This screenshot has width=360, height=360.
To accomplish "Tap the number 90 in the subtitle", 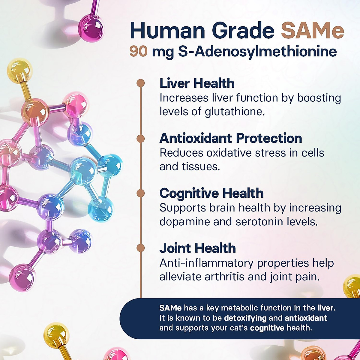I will pos(138,51).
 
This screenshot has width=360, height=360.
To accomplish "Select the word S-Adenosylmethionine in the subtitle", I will pos(257,51).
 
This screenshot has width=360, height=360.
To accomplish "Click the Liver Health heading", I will pos(197,83).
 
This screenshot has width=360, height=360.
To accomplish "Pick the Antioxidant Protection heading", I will pos(230,138).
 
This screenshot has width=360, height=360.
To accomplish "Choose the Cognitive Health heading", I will pos(211,193).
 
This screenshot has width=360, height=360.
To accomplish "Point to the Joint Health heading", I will pos(197,248).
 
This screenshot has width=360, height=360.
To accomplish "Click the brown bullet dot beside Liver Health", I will pos(140,83).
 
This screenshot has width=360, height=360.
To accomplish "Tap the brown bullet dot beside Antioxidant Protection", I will pos(140,138).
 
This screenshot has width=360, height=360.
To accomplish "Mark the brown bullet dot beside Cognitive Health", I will pos(140,193).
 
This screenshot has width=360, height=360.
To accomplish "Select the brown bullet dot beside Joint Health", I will pos(140,248).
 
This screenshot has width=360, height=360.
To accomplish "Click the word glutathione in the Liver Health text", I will pos(235,112).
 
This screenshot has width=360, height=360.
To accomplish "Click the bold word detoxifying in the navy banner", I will pos(245,318).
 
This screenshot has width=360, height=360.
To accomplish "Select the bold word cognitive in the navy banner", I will pos(267,328).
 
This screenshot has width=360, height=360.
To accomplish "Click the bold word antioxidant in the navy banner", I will pos(306,318).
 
